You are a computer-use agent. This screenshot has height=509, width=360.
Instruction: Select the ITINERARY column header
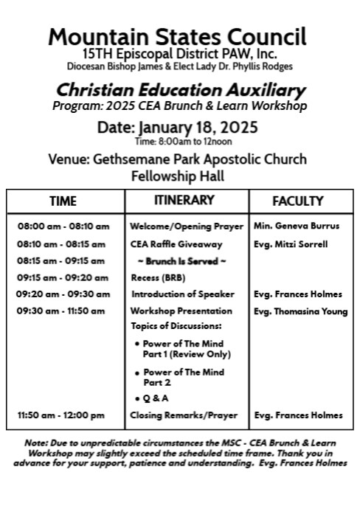pos(184,200)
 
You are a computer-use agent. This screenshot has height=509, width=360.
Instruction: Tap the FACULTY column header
pos(298,201)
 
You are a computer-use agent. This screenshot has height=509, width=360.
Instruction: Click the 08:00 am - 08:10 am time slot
pos(63,226)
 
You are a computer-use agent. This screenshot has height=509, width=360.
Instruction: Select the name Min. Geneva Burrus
pos(297,226)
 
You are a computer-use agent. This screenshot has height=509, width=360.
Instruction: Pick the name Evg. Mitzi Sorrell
pos(291,243)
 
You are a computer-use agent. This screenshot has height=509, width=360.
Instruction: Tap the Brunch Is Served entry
pos(181,260)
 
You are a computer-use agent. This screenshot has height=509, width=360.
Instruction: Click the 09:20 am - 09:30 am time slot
pos(63,294)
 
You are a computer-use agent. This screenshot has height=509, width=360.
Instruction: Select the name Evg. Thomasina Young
pos(300,311)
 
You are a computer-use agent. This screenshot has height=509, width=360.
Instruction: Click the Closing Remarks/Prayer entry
pos(184,415)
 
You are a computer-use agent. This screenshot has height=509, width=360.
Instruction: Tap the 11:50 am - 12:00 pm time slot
pos(61,415)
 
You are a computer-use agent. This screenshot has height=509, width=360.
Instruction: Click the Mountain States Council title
pos(177,36)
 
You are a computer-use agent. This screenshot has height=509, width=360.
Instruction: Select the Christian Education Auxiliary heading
pos(181,91)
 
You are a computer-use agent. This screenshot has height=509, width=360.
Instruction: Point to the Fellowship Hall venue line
pos(177,176)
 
